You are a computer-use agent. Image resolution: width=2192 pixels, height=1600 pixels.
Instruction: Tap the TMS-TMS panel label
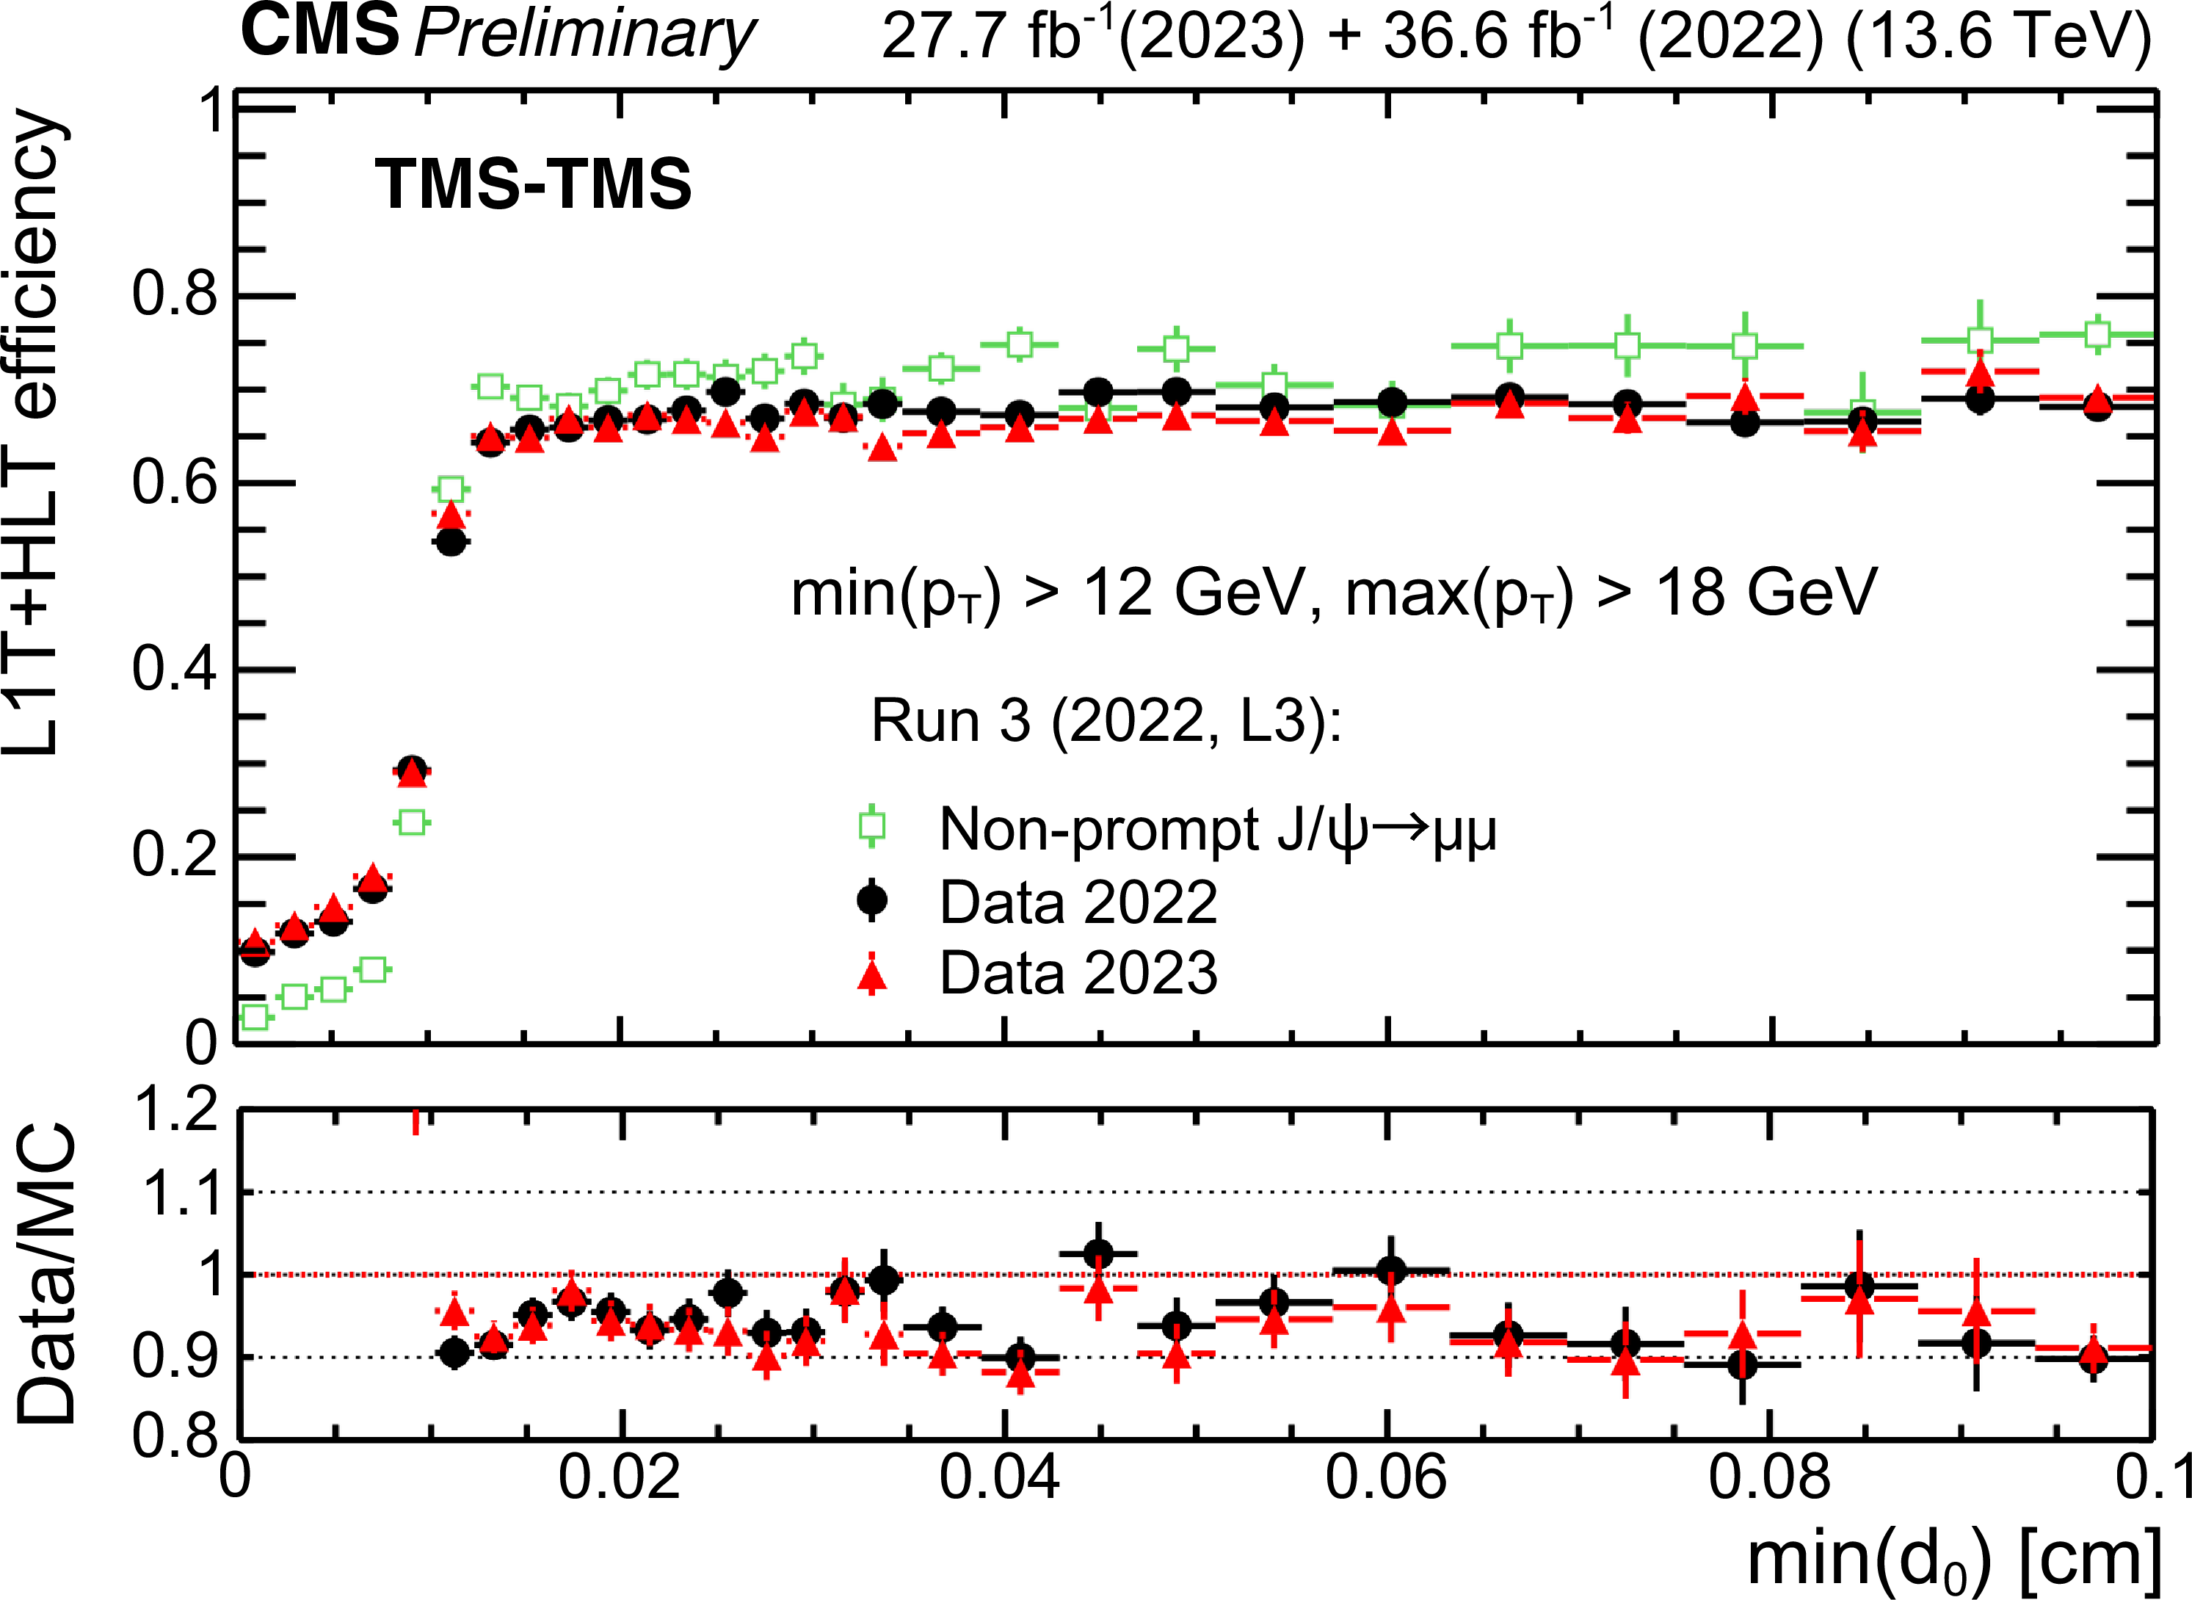click(x=534, y=184)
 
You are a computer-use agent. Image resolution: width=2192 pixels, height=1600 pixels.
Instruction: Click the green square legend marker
click(x=872, y=826)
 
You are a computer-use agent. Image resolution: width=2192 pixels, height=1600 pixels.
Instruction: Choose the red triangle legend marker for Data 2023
click(x=872, y=974)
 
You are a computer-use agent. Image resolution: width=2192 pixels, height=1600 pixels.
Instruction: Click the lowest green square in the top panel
click(x=255, y=1017)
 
